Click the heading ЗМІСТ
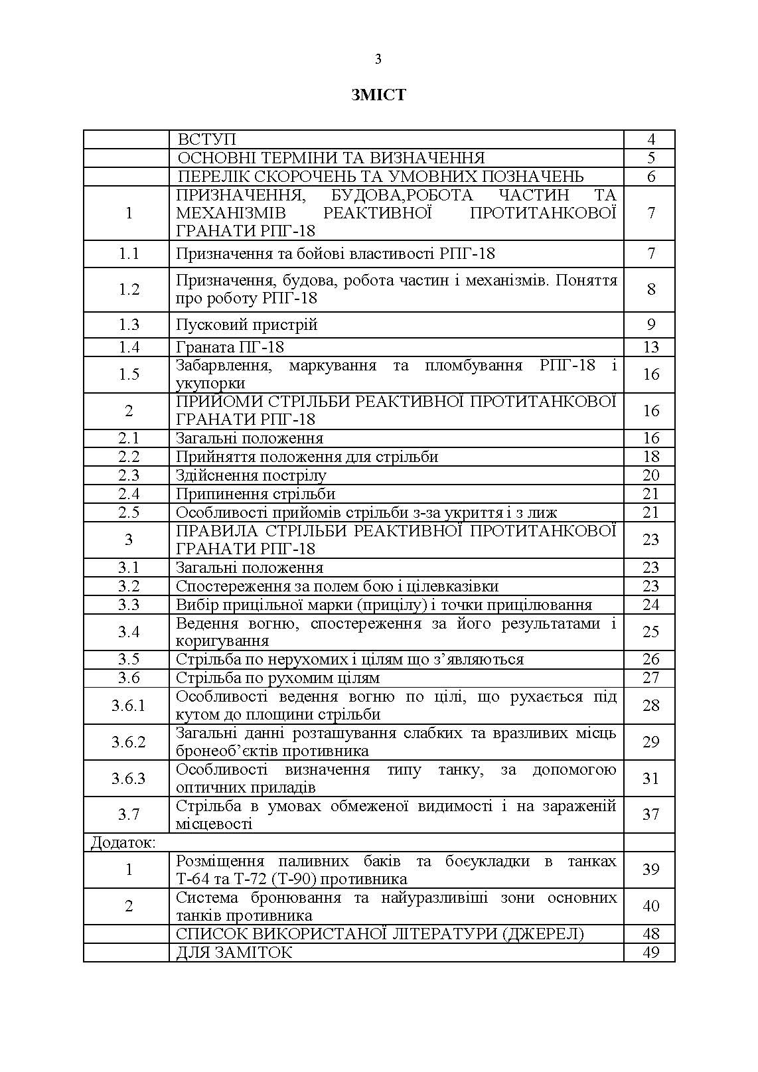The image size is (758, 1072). [378, 95]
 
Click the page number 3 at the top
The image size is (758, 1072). [378, 60]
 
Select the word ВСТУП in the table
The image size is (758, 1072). [206, 139]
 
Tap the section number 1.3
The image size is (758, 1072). [129, 325]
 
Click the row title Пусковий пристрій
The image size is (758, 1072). [247, 325]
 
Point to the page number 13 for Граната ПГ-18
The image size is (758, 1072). [650, 347]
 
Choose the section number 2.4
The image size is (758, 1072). [129, 494]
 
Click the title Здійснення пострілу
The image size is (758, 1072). [251, 475]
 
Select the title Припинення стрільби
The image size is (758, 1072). [256, 494]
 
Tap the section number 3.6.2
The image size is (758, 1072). [129, 741]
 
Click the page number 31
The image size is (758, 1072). [650, 778]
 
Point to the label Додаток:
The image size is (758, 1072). [123, 842]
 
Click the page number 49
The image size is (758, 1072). [650, 953]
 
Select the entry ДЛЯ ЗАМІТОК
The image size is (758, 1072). [234, 953]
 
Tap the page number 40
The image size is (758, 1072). [650, 906]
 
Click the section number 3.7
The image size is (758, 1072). [129, 814]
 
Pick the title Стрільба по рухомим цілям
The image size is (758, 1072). [277, 678]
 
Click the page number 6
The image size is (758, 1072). [650, 177]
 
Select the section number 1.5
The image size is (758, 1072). [129, 374]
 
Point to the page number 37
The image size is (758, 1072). [650, 814]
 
